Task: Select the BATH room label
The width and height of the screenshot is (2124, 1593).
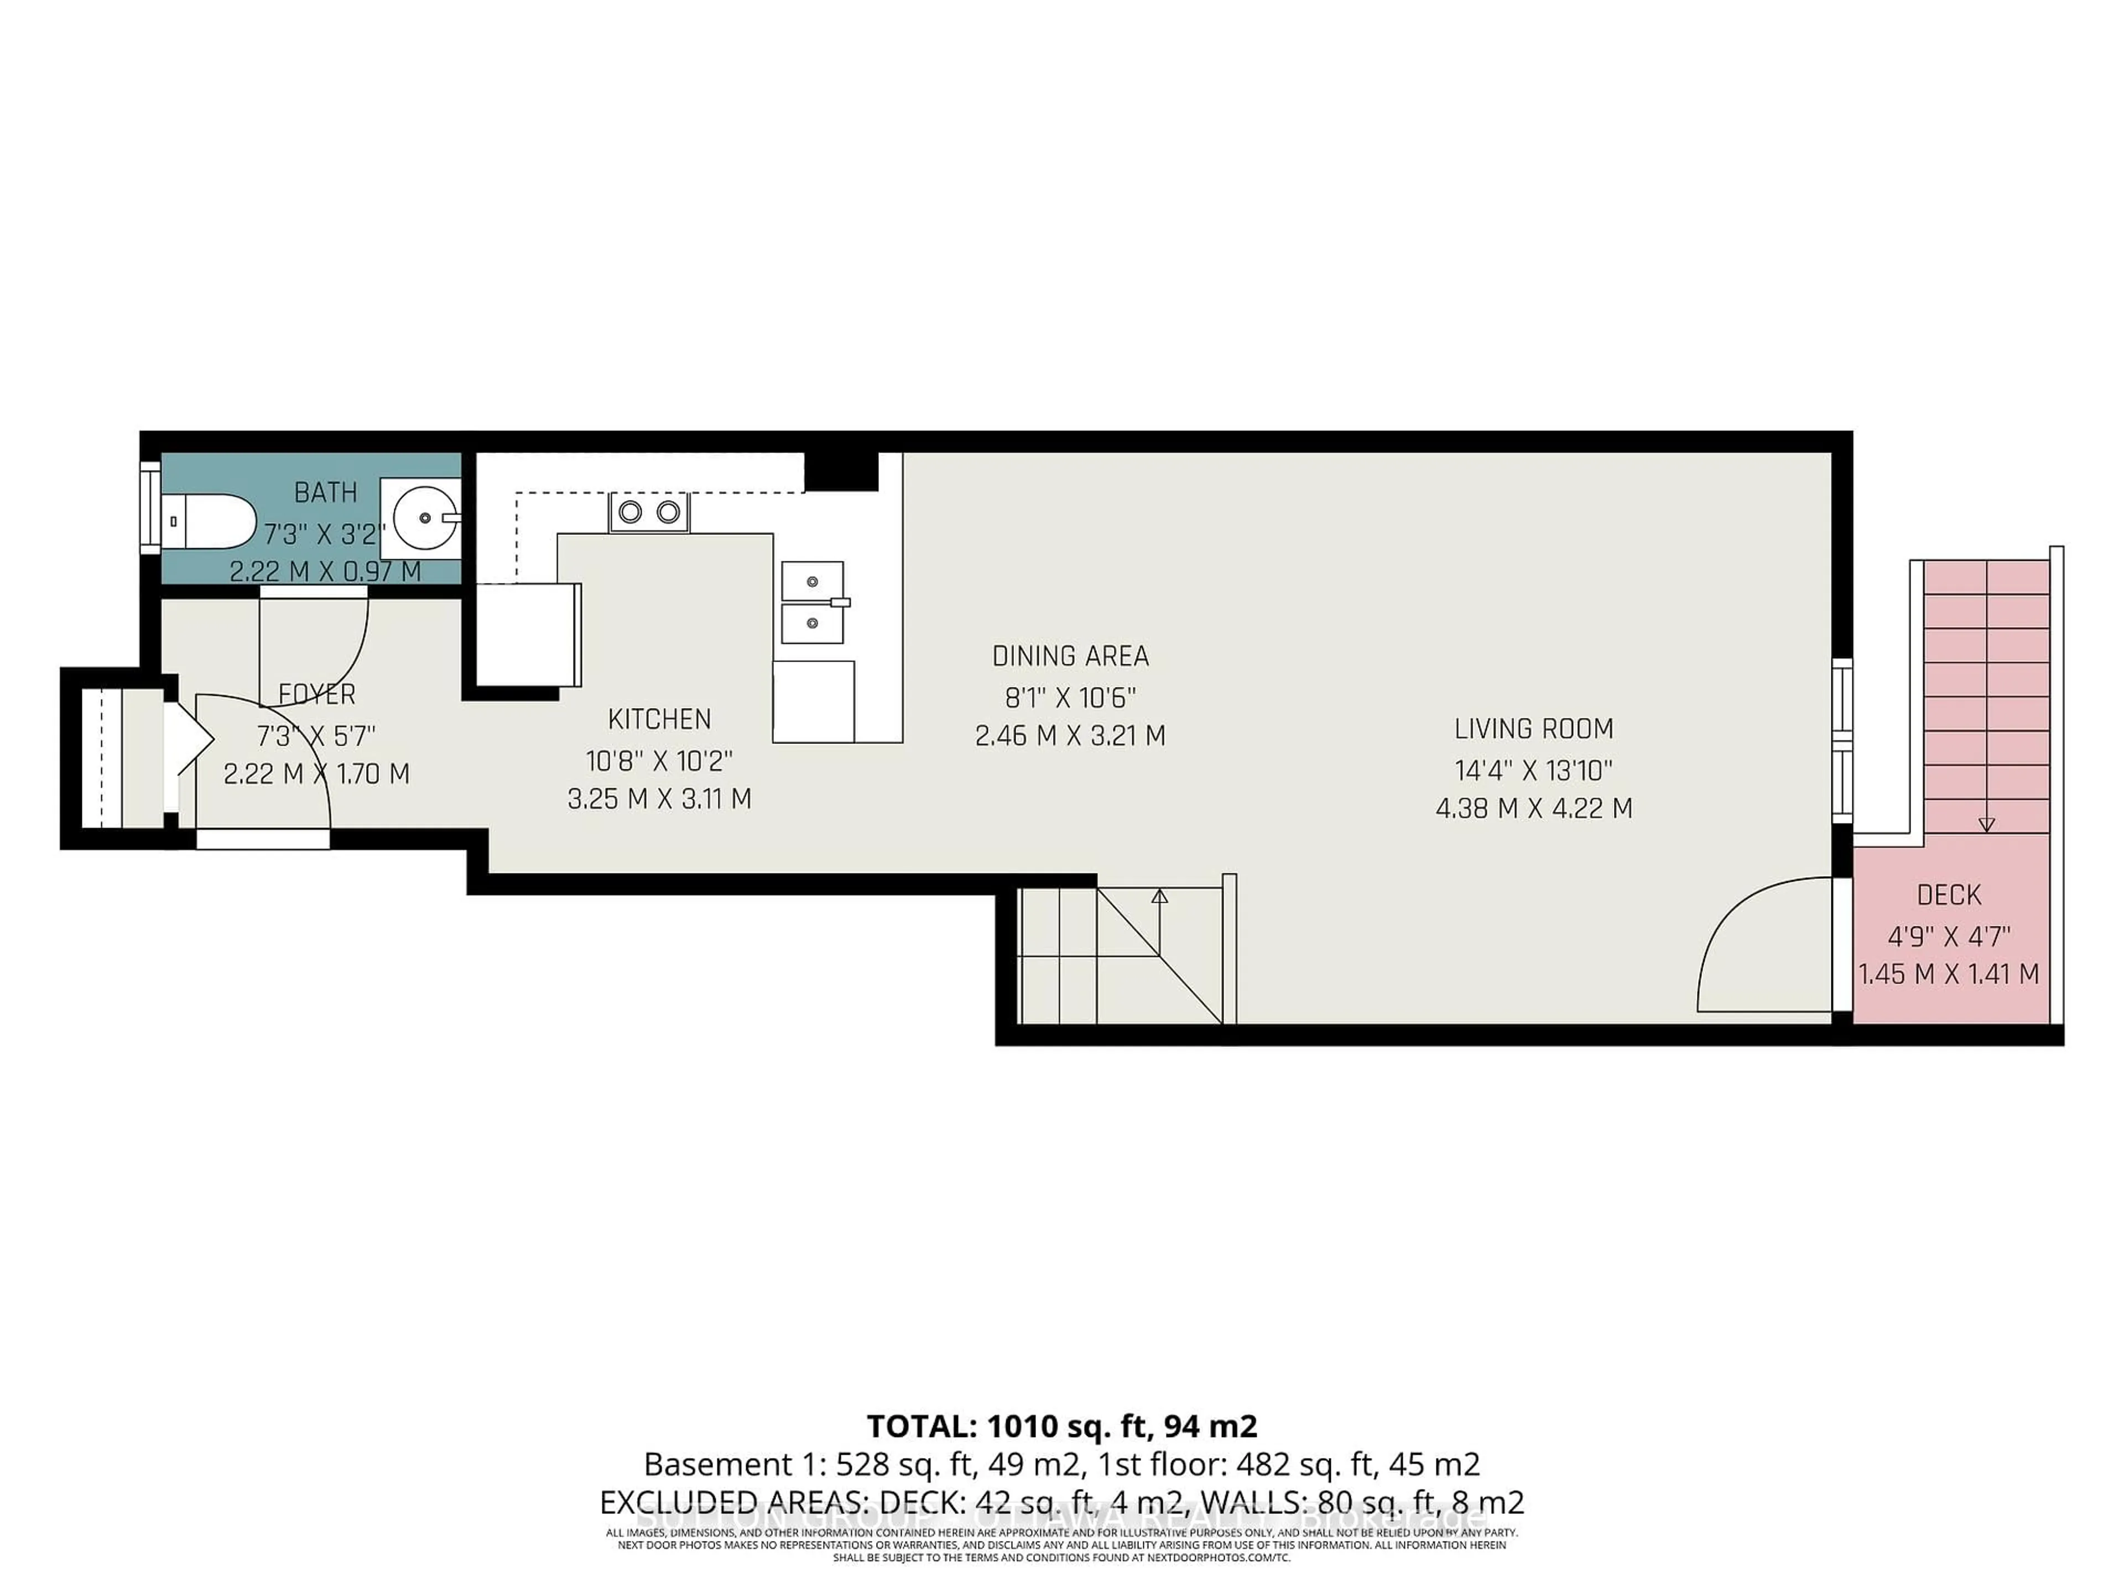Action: point(325,493)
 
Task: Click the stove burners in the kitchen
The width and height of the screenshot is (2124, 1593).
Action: point(649,512)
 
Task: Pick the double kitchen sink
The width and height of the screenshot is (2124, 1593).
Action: point(813,602)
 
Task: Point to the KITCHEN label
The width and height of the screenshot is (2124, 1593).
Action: point(660,719)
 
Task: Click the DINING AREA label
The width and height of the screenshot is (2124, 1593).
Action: point(1070,657)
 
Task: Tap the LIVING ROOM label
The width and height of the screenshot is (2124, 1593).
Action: point(1533,729)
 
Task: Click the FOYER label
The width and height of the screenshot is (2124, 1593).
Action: point(317,694)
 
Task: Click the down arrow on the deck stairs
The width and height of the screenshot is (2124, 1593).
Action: point(1987,824)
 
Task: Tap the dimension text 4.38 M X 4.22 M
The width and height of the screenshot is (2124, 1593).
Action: point(1533,809)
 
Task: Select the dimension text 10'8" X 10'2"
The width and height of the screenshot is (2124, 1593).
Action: point(660,761)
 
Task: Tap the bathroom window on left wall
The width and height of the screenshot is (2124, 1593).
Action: point(150,507)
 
